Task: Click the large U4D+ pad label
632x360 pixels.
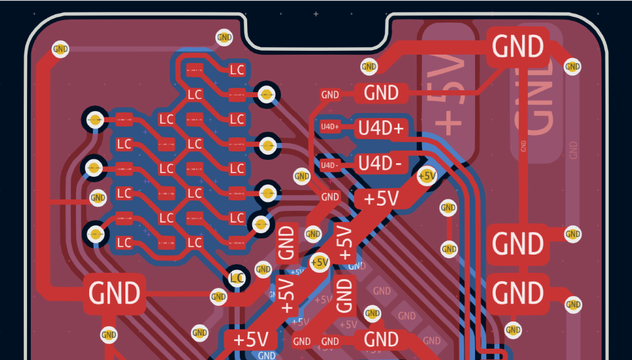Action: pos(382,129)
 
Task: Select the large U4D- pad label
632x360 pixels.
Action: pos(380,164)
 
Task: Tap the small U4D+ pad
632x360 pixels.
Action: pos(329,127)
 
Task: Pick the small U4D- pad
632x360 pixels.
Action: pos(329,165)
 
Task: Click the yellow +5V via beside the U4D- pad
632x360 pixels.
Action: pos(427,176)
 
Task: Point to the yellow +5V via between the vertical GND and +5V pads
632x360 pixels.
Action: pos(319,262)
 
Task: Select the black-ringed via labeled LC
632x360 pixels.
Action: pos(237,277)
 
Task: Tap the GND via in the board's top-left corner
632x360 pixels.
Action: pos(60,49)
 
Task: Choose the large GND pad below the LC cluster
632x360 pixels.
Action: pos(114,293)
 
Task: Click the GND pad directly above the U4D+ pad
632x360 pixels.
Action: pos(382,93)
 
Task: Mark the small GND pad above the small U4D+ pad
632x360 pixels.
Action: pos(329,95)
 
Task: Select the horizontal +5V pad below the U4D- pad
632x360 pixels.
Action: pos(382,199)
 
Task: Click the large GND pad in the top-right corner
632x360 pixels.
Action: pos(518,46)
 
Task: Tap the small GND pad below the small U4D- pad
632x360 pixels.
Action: pos(330,197)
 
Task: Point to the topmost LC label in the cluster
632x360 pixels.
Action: pos(237,70)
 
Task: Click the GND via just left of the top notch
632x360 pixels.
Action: pos(224,38)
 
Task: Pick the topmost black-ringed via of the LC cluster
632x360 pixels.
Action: pos(267,95)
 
